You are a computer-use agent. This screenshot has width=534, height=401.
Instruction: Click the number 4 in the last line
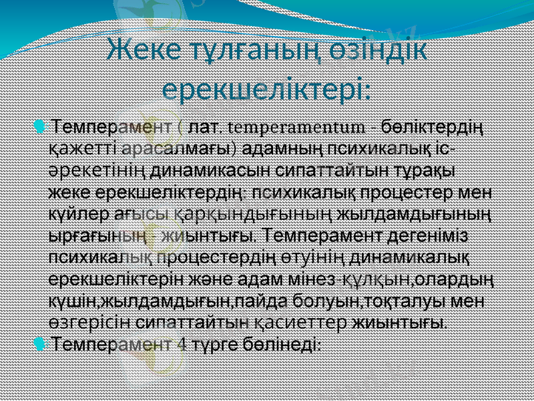click(184, 345)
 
